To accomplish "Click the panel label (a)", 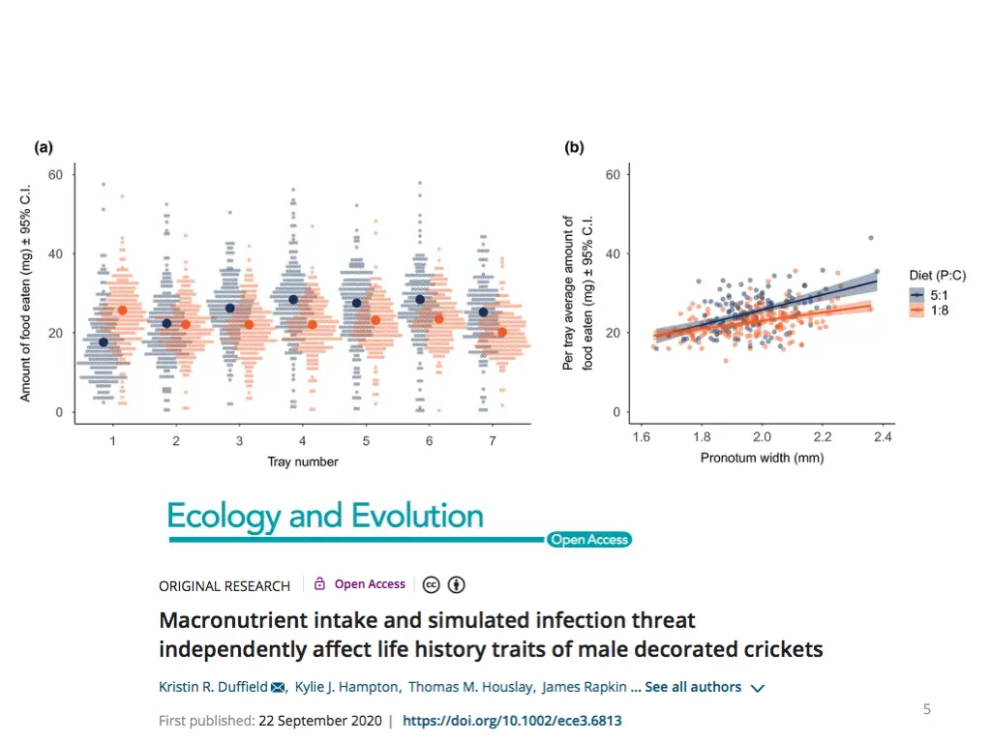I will [x=44, y=148].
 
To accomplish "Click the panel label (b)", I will [x=575, y=148].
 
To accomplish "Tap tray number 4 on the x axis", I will [x=302, y=441].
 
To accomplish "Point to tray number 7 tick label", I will [x=492, y=441].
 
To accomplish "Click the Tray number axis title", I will [x=303, y=462].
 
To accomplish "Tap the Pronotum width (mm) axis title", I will [x=762, y=459].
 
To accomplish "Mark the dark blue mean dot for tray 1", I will [x=104, y=342].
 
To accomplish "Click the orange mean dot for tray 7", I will [x=501, y=333].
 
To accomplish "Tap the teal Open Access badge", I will [x=588, y=540].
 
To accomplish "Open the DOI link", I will [x=512, y=721].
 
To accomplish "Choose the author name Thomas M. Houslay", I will [x=469, y=687].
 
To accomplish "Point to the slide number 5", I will [x=926, y=709].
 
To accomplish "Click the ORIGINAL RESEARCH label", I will [x=225, y=585].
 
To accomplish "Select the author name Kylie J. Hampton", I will [x=346, y=687].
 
